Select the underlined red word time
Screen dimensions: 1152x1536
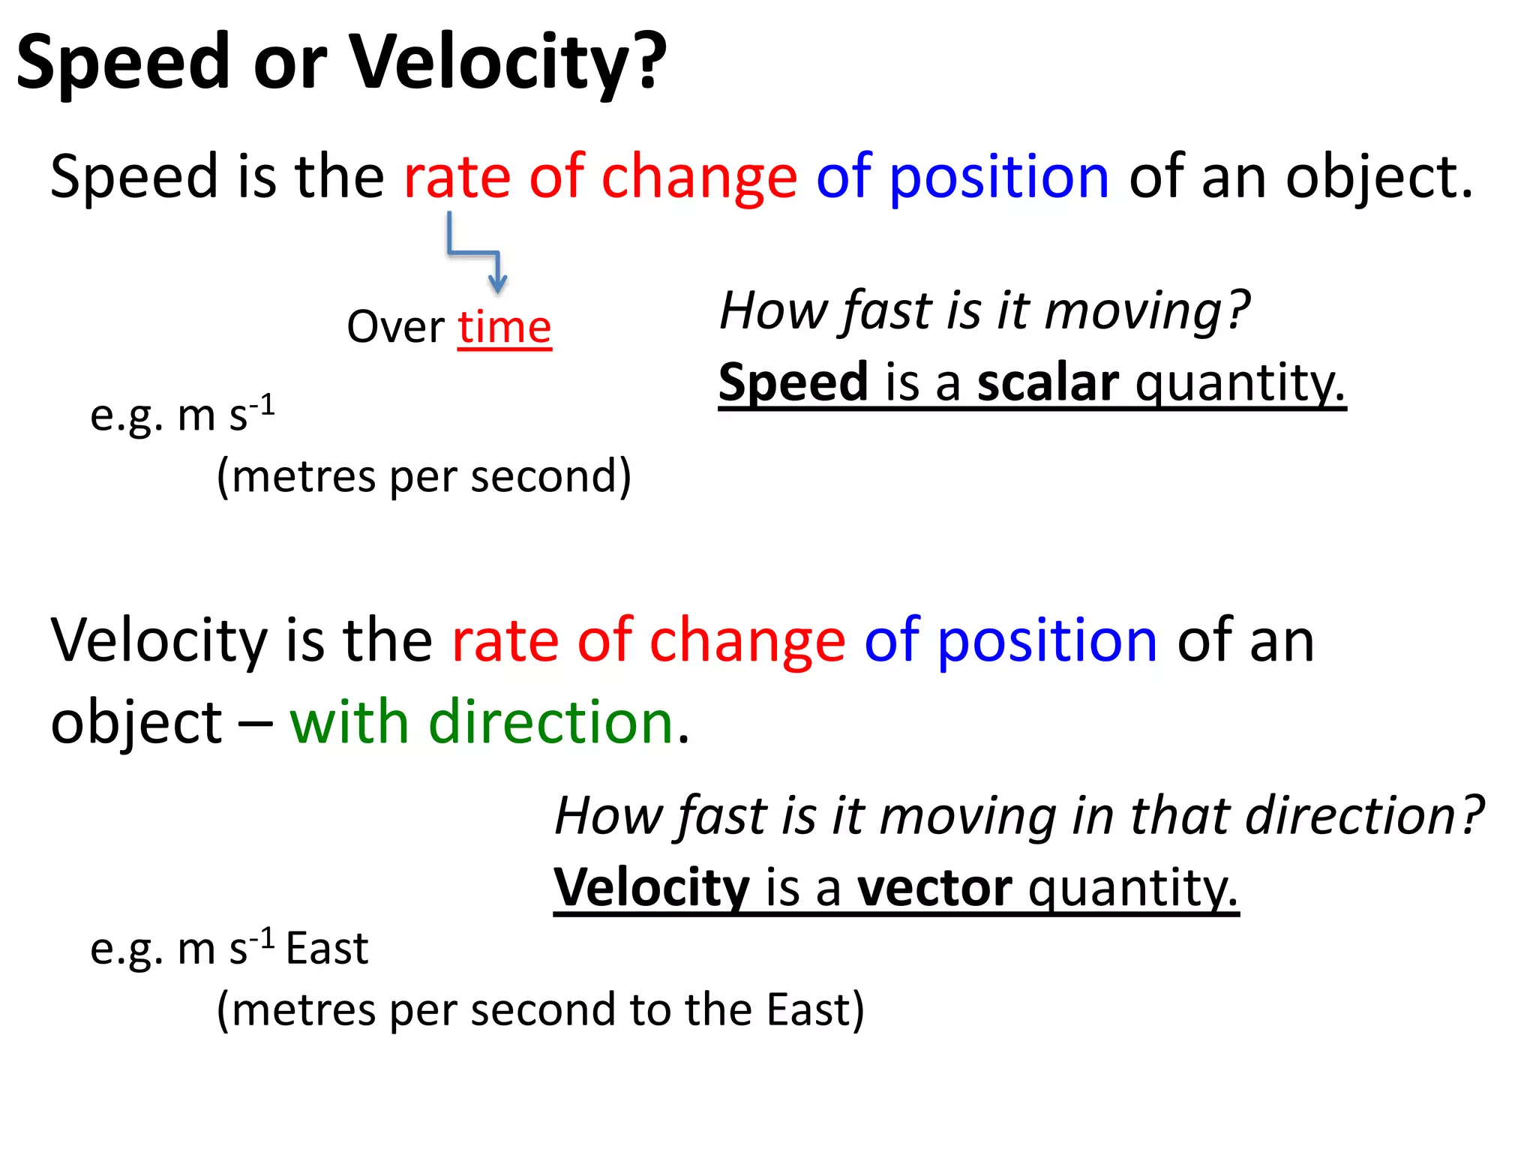coord(504,328)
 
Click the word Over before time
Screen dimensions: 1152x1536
coord(395,328)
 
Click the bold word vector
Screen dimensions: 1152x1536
coord(934,888)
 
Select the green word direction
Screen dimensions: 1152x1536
coord(550,722)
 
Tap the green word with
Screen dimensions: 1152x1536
coord(349,722)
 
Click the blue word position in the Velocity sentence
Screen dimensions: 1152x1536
coord(1047,642)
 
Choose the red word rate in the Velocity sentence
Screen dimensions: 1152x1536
coord(505,642)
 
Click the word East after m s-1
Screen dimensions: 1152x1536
coord(327,949)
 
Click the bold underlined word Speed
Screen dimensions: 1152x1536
coord(793,382)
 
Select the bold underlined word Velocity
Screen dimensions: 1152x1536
coord(651,888)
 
